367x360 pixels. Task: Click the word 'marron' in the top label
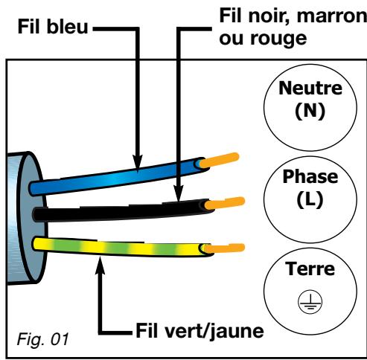[331, 15]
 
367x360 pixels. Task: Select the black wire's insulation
[112, 210]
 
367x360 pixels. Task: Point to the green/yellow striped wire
[112, 243]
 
